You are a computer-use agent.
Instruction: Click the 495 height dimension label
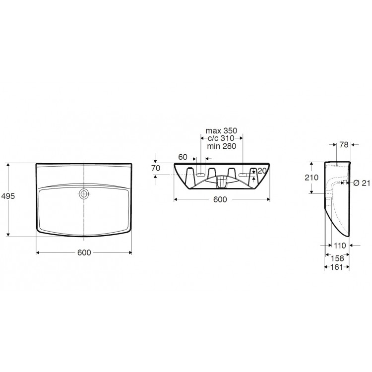click(x=8, y=196)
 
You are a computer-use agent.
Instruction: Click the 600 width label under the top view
click(x=84, y=252)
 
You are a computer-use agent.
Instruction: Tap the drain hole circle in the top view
click(x=83, y=194)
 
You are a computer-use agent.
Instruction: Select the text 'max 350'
click(x=221, y=131)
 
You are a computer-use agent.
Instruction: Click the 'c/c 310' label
click(x=221, y=138)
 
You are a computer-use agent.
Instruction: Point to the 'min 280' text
click(x=222, y=146)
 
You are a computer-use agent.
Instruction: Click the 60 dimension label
click(x=183, y=157)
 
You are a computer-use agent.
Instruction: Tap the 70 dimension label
click(x=156, y=168)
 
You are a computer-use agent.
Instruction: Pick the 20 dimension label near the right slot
click(x=262, y=171)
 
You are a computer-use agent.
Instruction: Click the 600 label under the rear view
click(x=220, y=199)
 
